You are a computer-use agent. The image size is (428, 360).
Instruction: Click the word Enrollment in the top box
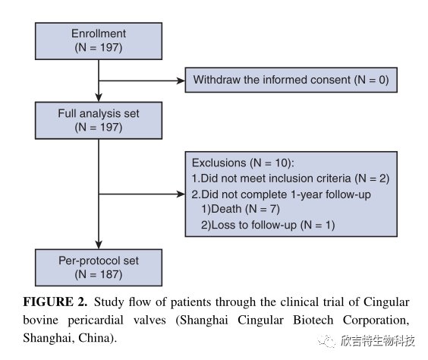pos(99,33)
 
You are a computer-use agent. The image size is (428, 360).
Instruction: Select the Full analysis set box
pos(99,121)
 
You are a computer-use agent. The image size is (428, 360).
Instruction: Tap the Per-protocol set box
pos(99,267)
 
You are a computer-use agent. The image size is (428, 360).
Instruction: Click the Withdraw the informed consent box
pos(291,80)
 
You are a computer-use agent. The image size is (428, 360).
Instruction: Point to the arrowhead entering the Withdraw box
pos(181,81)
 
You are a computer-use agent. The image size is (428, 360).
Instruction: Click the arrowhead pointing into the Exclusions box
pos(181,194)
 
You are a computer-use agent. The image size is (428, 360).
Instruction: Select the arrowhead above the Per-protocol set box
pos(99,245)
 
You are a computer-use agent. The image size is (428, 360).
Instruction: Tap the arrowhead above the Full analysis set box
pos(99,97)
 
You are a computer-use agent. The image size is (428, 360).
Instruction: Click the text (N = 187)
pos(99,274)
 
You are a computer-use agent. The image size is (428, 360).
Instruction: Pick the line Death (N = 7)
pos(241,209)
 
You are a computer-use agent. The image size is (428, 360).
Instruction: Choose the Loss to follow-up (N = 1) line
pos(268,225)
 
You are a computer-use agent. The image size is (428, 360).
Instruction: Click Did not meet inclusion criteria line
pos(291,178)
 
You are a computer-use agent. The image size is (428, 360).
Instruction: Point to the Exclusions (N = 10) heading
pos(243,163)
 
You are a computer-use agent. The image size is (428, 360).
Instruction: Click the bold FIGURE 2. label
pos(55,302)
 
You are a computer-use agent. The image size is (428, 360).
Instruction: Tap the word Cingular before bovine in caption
pos(386,302)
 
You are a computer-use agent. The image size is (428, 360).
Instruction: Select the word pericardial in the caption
pos(96,321)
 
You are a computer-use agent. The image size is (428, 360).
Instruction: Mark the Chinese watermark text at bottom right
pos(377,340)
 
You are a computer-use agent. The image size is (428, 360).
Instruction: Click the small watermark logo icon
pos(326,340)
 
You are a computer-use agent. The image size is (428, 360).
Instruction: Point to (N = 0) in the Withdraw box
pos(372,80)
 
